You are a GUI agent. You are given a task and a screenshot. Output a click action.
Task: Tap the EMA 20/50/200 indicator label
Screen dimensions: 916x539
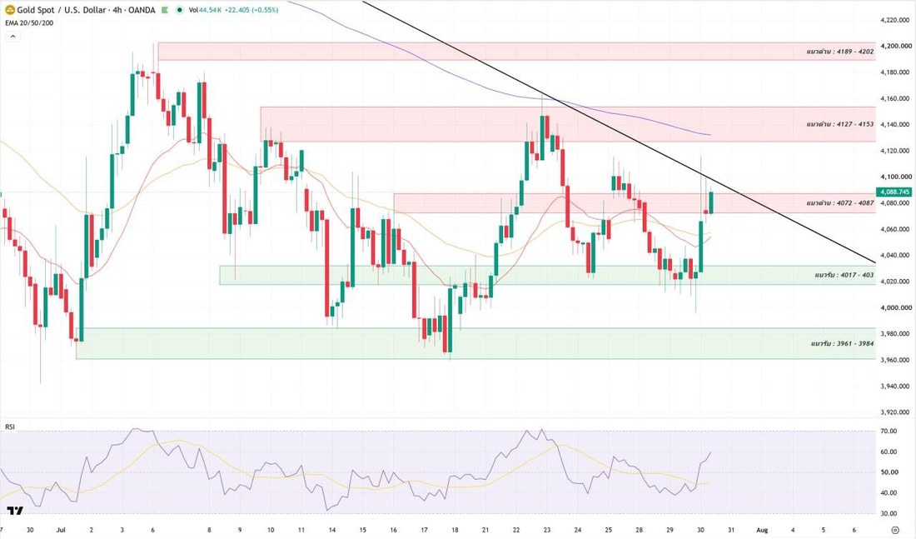(x=29, y=22)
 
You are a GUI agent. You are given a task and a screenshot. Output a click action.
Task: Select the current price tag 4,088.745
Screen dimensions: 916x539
(x=894, y=192)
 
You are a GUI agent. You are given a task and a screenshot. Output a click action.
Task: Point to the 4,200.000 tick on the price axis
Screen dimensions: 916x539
(x=894, y=46)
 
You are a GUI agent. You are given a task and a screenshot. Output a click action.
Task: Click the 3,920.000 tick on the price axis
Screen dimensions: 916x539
(x=894, y=412)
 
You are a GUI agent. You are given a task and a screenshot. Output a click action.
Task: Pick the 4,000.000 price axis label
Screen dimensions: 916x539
(x=894, y=307)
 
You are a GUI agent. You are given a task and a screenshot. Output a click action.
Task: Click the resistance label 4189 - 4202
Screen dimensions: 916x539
(x=840, y=52)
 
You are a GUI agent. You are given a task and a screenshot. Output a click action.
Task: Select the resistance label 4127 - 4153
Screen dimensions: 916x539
(x=840, y=124)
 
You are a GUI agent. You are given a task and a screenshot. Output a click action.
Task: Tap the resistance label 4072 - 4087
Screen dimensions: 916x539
(x=840, y=203)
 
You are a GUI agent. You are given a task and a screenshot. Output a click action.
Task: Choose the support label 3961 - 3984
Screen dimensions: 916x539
(x=843, y=343)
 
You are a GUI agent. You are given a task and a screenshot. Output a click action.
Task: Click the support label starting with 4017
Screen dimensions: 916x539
(x=844, y=275)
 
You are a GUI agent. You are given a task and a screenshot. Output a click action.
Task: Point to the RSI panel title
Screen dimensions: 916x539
(x=10, y=427)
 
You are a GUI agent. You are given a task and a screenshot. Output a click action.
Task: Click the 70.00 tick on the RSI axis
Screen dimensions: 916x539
(x=889, y=432)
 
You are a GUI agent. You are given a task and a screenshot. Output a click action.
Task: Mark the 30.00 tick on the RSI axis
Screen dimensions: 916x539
(x=889, y=514)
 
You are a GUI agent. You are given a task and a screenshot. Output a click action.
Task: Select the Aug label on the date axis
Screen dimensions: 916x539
(x=762, y=530)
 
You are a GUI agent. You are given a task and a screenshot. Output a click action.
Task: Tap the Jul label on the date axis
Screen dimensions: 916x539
(x=60, y=530)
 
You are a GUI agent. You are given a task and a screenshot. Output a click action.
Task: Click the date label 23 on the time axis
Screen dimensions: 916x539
(x=547, y=530)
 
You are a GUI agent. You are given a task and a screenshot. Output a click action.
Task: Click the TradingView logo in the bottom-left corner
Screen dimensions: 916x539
(x=15, y=511)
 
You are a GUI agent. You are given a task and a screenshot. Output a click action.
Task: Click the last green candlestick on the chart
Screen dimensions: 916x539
(x=711, y=202)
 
